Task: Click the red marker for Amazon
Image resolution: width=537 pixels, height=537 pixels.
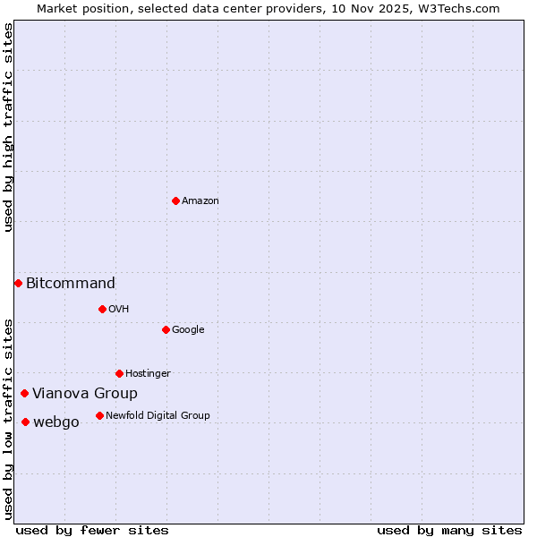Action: pos(175,200)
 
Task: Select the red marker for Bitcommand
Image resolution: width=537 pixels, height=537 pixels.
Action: pos(18,283)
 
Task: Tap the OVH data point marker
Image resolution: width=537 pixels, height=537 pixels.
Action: pos(102,309)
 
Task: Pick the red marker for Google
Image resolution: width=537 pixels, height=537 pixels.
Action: pos(166,329)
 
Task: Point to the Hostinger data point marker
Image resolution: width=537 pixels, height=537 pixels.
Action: pos(119,373)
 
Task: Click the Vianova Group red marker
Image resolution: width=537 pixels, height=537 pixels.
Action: pos(24,393)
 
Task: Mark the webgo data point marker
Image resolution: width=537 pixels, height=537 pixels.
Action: pos(25,422)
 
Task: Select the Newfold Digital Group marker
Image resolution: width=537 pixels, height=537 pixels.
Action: pos(99,415)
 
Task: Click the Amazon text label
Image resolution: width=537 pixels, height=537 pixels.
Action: pos(200,200)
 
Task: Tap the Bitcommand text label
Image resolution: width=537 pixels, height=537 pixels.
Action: pos(71,284)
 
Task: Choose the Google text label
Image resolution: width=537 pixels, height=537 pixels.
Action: pos(188,329)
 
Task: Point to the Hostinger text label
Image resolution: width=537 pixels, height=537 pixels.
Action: pos(148,373)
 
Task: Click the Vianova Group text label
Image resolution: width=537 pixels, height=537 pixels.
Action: pos(85,394)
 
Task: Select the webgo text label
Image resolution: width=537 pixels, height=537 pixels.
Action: pos(55,422)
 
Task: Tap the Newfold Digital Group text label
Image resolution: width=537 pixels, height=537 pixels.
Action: pos(158,415)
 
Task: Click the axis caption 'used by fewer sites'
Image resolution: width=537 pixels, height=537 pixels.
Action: pos(92,530)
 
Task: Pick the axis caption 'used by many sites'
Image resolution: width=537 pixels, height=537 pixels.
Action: pos(449,530)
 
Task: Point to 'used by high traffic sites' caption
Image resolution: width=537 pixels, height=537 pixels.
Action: pos(9,127)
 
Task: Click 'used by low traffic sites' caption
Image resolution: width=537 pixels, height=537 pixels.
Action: pos(9,419)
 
